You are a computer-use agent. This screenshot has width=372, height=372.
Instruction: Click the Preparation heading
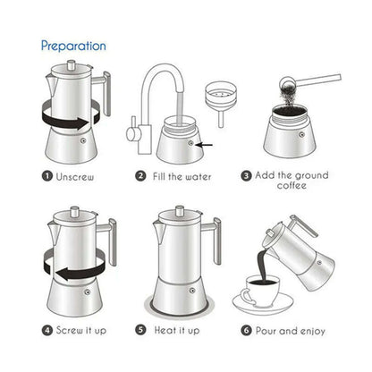click(x=73, y=45)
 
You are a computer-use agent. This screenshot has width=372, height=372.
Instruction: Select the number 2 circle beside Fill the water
click(x=141, y=176)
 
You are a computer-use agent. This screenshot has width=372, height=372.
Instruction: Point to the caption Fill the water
click(x=182, y=176)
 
